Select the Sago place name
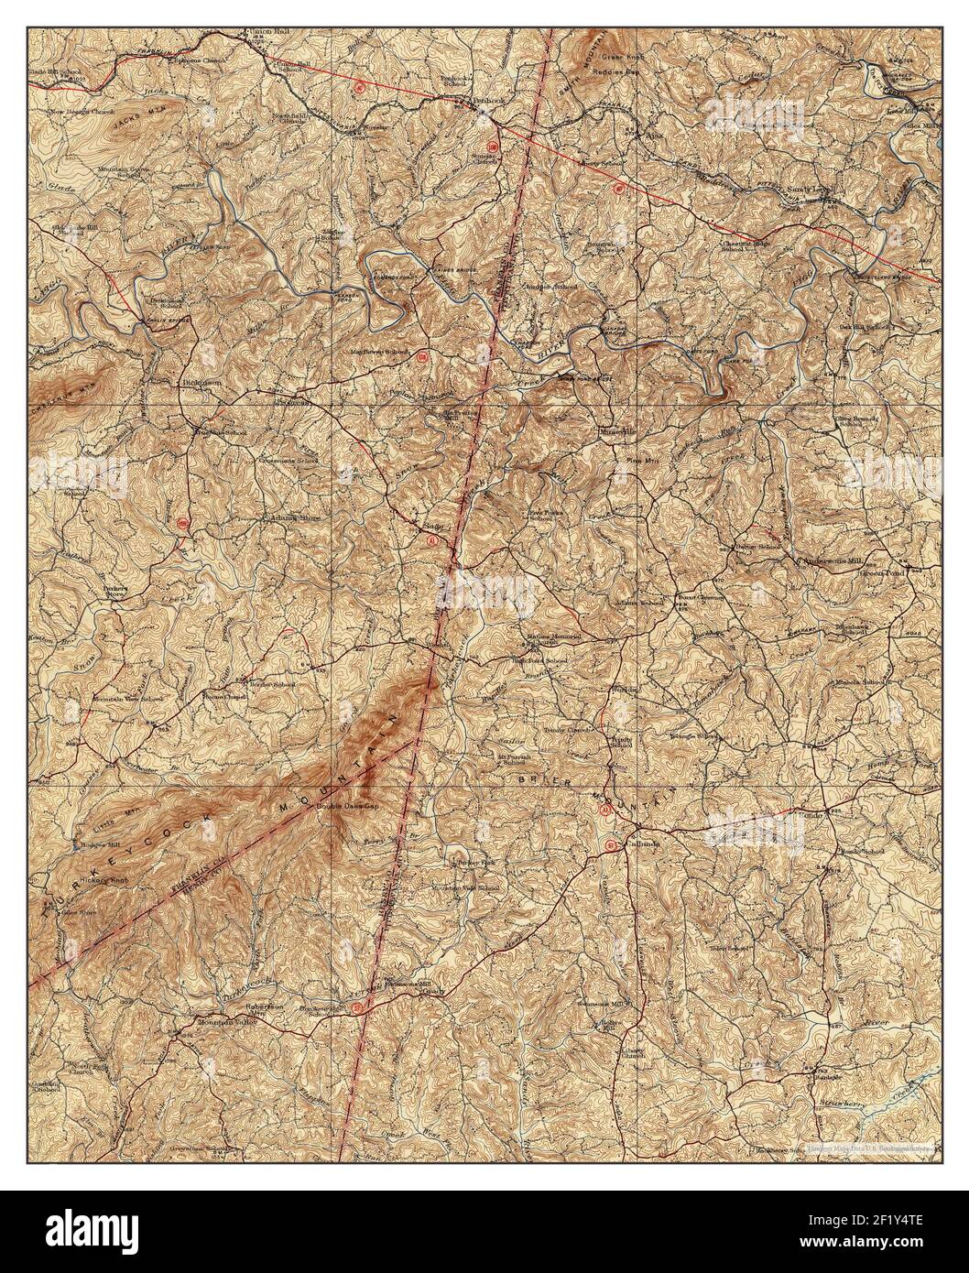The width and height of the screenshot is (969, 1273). [x=430, y=527]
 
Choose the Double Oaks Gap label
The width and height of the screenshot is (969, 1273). [x=347, y=806]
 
